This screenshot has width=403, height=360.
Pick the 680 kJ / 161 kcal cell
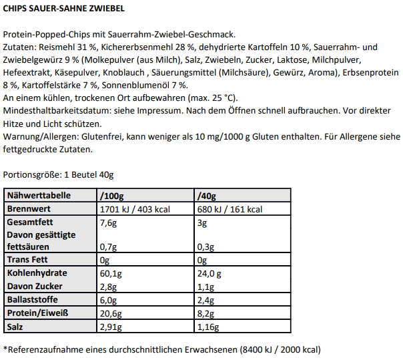pos(230,209)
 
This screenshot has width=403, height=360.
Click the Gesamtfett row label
pos(29,222)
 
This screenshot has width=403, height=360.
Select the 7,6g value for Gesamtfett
pos(107,222)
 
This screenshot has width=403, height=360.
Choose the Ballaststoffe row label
pos(32,299)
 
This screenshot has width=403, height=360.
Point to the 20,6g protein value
pos(110,313)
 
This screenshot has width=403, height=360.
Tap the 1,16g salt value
pos(210,326)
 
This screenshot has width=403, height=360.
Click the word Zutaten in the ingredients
pos(19,47)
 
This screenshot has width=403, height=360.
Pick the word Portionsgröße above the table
pos(31,175)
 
